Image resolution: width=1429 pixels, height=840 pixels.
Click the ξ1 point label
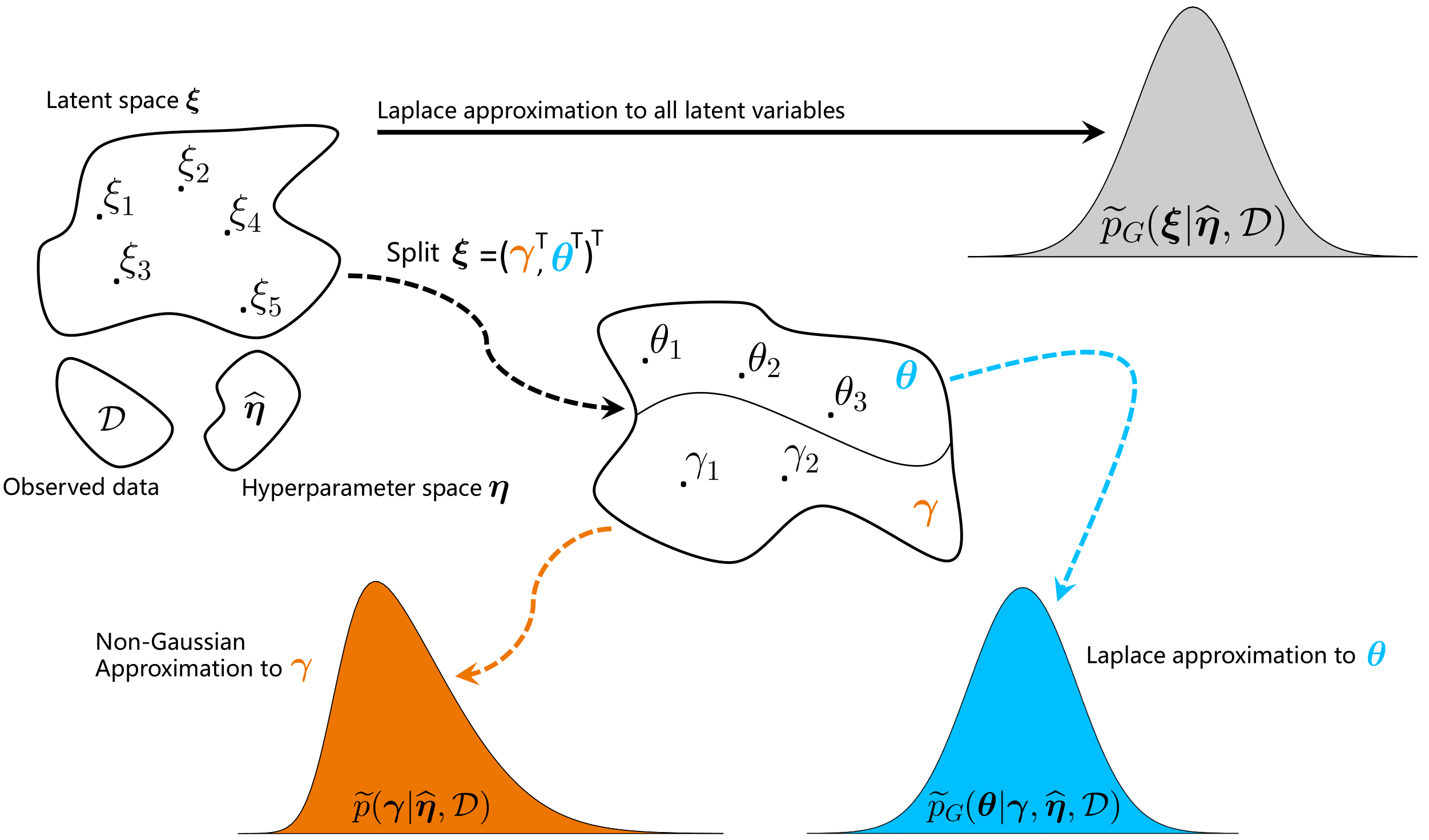click(119, 198)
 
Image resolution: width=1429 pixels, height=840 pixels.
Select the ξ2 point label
click(194, 166)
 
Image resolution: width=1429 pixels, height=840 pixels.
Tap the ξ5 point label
click(266, 299)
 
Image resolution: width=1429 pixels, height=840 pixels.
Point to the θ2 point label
click(764, 361)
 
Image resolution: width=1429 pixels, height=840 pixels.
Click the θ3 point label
click(851, 395)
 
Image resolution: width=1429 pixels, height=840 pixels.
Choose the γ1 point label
click(703, 466)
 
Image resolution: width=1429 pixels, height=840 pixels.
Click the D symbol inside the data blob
click(112, 419)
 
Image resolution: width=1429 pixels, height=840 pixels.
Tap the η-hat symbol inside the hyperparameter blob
click(255, 409)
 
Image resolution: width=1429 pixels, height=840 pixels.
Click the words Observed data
click(81, 487)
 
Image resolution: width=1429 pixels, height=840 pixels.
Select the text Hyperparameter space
click(362, 489)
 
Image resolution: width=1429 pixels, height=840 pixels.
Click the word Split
click(413, 253)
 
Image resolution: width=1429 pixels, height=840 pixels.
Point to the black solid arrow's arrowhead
click(1093, 132)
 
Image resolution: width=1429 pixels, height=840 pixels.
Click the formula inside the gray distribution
click(1193, 226)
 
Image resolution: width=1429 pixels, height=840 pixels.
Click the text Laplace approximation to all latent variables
click(611, 111)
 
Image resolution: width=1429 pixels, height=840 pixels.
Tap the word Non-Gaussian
click(170, 642)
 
